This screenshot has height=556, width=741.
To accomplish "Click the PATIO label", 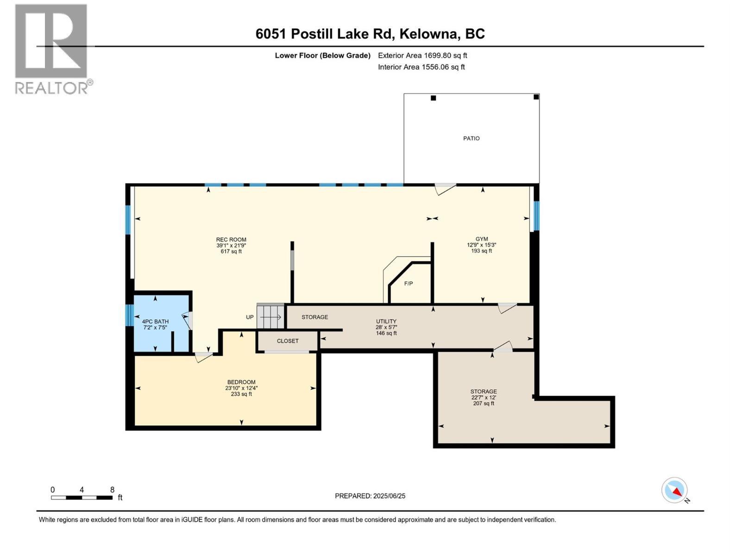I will coord(471,139).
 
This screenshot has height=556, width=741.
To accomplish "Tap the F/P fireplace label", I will coord(408,284).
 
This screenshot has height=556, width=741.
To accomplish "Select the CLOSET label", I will coord(288,341).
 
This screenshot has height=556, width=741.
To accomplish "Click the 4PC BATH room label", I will coord(155,322).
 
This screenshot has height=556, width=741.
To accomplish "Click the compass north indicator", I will coord(674,490).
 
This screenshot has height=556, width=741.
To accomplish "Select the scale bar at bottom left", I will coord(82,498).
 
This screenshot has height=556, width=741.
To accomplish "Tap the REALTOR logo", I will coord(52,49).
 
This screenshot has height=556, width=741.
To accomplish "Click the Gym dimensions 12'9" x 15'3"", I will coord(482,245).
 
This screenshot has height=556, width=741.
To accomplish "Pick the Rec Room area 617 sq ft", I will coord(231,252).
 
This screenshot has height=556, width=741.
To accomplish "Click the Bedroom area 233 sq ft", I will coord(241,394).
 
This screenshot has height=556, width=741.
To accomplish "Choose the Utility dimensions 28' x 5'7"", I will coord(386,327).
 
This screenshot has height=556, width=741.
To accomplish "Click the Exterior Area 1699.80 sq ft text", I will coord(422,56).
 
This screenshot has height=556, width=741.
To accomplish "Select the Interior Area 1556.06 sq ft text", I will coord(421,67).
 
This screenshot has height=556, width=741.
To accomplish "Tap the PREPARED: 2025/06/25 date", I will coord(370,496).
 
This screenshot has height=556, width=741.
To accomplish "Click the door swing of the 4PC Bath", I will coord(187,321).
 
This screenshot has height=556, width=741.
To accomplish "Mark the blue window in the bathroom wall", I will coord(129,315).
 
